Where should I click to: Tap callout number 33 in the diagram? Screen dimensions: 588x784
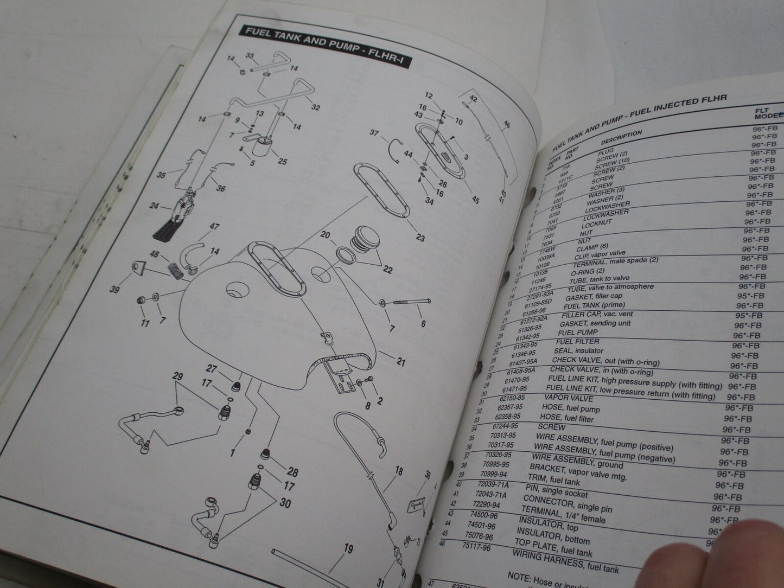[250, 56]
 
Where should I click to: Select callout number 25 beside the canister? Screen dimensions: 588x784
[282, 161]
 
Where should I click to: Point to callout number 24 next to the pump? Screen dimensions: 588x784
[154, 206]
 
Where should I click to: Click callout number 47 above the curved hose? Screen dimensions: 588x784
[214, 226]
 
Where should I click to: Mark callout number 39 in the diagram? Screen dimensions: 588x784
[114, 290]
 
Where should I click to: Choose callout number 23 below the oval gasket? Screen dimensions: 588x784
[420, 237]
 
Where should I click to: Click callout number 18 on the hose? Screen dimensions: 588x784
[399, 471]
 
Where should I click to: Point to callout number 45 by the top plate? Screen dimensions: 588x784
[475, 200]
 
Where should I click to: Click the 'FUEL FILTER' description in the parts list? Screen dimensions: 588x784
[577, 341]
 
